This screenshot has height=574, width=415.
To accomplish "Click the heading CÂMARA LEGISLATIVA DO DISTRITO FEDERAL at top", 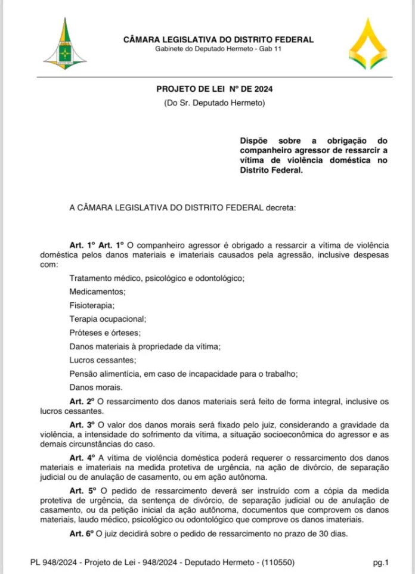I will click(x=218, y=40).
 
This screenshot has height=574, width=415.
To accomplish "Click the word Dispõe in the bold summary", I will click(x=254, y=140).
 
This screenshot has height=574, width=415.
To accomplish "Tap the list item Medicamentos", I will click(x=98, y=291).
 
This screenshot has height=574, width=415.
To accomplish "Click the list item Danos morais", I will click(x=95, y=387).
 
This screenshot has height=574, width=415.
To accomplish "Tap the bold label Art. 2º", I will click(x=82, y=402).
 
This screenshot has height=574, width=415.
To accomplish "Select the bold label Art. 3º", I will click(x=82, y=424).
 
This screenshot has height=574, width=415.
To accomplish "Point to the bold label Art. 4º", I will click(x=82, y=457).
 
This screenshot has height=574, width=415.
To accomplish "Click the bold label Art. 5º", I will click(x=82, y=489).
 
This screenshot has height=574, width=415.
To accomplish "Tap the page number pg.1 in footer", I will click(x=381, y=561).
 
